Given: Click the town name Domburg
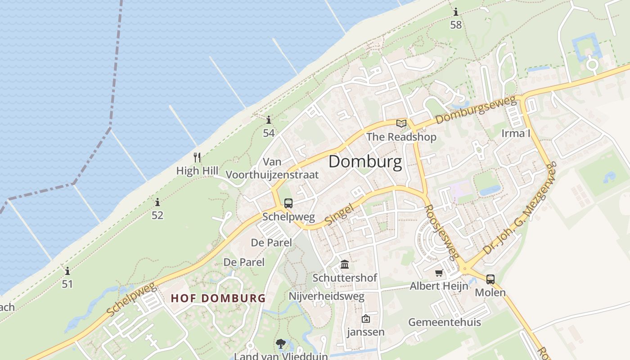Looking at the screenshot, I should (365, 162).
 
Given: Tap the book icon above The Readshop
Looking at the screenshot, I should (401, 123).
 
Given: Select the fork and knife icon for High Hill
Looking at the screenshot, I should (197, 157).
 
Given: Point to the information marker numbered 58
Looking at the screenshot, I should (456, 12).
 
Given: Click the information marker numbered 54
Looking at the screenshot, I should (269, 120).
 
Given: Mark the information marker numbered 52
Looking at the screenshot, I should (157, 202).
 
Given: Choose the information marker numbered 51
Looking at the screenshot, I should (67, 271).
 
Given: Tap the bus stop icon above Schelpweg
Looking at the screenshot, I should (288, 203).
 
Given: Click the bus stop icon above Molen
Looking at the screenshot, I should (490, 279).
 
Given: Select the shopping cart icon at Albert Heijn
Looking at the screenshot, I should (439, 273).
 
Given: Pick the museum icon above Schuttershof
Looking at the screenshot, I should (345, 264).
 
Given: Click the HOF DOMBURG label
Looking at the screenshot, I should (218, 298).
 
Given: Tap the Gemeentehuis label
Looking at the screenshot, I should (445, 322).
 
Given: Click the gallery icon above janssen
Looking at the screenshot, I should (366, 319).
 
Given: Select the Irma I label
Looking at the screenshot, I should (516, 133).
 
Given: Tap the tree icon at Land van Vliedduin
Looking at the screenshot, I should (281, 344).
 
